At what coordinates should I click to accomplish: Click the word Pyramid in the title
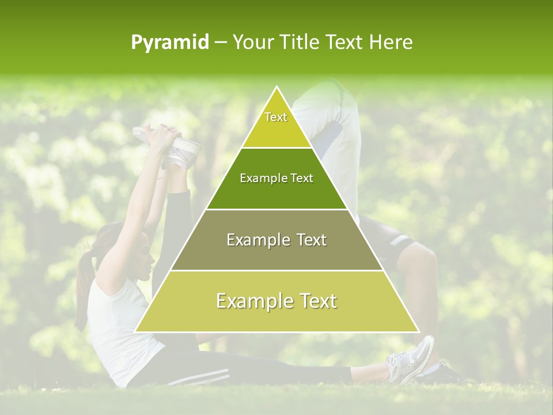point(170,42)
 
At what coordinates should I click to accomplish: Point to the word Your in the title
point(252,42)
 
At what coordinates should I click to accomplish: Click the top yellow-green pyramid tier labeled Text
point(276,124)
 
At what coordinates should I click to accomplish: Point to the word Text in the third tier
point(310,240)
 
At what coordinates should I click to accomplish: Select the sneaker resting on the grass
point(412,360)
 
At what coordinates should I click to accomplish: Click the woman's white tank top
point(118,329)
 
